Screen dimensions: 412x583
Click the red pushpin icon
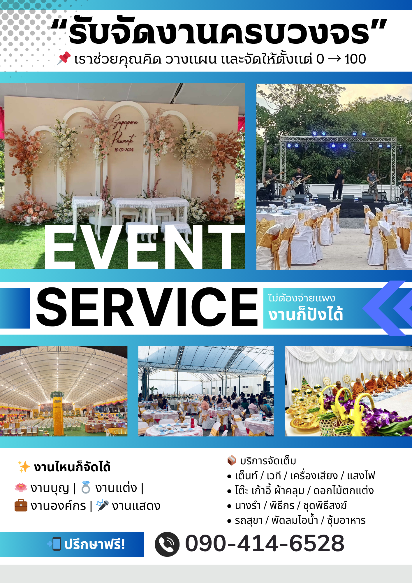(64, 58)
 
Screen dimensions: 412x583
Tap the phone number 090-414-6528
(265, 544)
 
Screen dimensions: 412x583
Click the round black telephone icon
(167, 544)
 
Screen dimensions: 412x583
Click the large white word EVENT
(145, 247)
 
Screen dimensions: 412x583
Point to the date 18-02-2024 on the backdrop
(124, 150)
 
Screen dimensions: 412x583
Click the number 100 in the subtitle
(355, 59)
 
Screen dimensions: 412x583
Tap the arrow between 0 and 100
(334, 59)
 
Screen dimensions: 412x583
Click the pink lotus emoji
(21, 487)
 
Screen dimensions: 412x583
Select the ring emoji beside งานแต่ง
(86, 487)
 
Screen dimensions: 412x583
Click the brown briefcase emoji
(21, 505)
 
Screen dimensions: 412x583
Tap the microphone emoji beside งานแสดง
(102, 505)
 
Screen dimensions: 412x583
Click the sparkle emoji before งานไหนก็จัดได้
(24, 466)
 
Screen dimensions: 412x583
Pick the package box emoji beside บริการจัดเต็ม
(232, 460)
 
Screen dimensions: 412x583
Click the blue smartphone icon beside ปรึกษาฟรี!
(55, 544)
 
